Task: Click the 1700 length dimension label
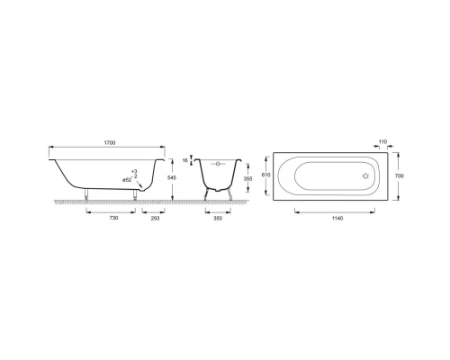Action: coord(110,143)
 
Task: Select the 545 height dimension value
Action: coord(172,177)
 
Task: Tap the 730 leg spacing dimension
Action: coord(113,218)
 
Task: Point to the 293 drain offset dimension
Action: coord(155,218)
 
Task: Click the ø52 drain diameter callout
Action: coord(127,180)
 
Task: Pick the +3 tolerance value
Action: coord(134,171)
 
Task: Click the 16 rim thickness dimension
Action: coord(184,160)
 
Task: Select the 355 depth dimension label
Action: coord(247,178)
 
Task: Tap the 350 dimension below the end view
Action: coord(218,218)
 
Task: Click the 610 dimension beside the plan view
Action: coord(266,175)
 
